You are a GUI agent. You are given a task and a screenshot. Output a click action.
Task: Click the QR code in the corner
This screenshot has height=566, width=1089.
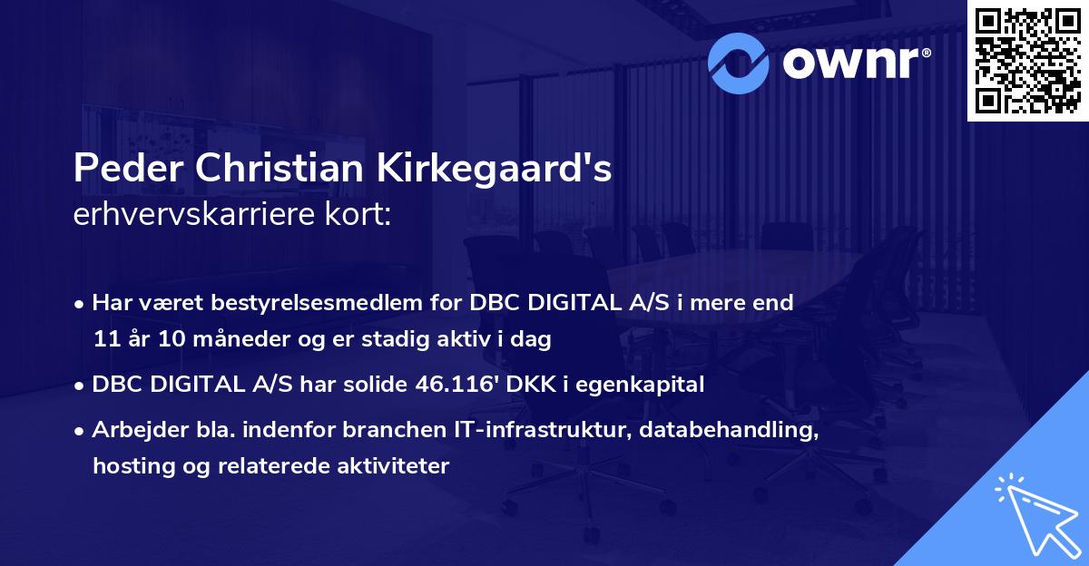click(1027, 61)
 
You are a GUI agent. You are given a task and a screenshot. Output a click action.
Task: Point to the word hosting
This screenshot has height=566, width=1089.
click(126, 467)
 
